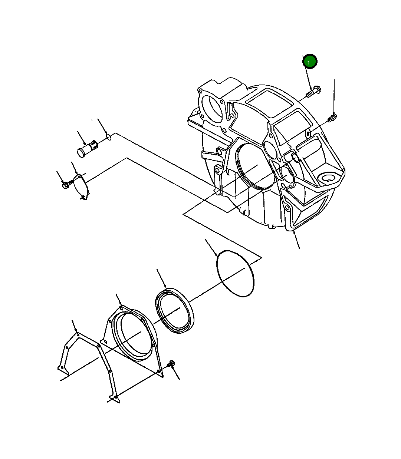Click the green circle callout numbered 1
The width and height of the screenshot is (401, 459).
click(310, 62)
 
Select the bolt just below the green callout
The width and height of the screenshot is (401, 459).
click(314, 92)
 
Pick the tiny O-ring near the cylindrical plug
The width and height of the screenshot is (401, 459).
click(109, 137)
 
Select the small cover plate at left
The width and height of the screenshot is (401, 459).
click(81, 187)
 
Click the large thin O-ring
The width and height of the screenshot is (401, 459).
click(235, 273)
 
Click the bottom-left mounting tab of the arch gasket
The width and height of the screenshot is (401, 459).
click(62, 369)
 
